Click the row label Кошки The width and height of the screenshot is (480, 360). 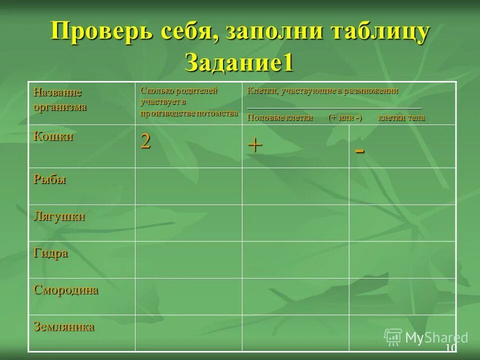point(53,136)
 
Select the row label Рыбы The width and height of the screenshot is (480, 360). point(50,179)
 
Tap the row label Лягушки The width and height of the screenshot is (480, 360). point(59,216)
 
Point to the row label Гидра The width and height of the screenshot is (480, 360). point(50,253)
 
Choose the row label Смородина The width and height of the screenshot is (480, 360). point(66,290)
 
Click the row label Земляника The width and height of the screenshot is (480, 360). point(64,327)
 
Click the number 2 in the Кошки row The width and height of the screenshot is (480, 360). point(145,141)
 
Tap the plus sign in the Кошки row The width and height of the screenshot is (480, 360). point(255,145)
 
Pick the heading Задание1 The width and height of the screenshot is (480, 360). point(238,62)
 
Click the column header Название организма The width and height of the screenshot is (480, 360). point(60,99)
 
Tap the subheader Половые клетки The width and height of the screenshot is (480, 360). point(279,117)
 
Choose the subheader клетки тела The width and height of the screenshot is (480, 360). point(401,117)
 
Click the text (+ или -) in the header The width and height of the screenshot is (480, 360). point(345,117)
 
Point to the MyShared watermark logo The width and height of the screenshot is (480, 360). point(425,337)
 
